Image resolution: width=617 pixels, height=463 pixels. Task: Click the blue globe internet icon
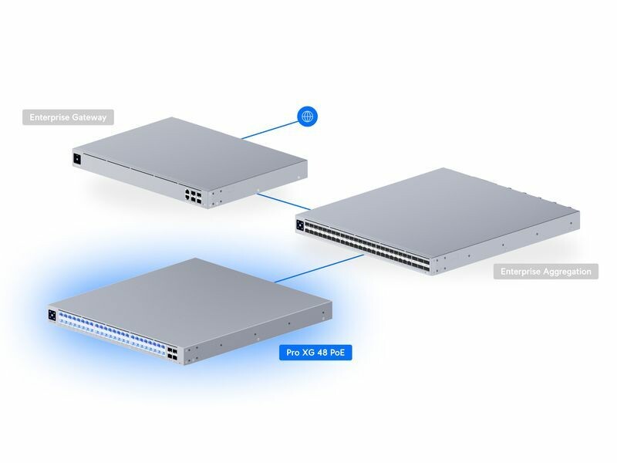[x=307, y=117]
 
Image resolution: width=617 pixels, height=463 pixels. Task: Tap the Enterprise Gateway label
[x=68, y=117]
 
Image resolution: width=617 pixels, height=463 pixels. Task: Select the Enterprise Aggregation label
[x=546, y=272]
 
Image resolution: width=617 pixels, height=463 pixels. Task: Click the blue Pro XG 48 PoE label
[x=315, y=353]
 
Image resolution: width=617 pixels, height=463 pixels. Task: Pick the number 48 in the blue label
[x=322, y=353]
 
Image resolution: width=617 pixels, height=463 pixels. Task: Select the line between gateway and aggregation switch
[x=284, y=201]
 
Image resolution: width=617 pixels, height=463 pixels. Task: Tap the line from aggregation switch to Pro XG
[x=319, y=269]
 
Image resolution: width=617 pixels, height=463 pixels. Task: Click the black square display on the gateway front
[x=77, y=159]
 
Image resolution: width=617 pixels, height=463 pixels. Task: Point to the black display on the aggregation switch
[x=300, y=225]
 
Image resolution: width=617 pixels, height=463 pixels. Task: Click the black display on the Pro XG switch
[x=52, y=315]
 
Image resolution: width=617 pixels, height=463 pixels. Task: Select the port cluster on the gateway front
[x=194, y=196]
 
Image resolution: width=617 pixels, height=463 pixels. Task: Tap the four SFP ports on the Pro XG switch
[x=172, y=353]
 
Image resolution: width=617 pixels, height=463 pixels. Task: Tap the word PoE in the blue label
[x=337, y=353]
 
